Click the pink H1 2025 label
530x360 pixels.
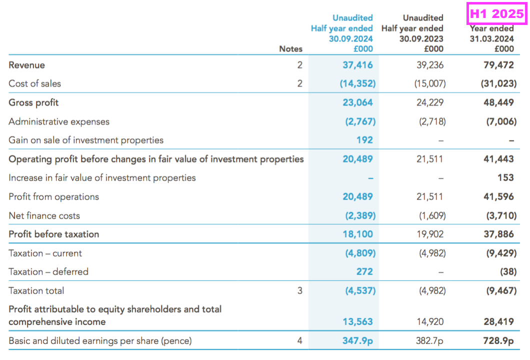(496, 13)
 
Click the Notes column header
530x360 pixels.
(290, 49)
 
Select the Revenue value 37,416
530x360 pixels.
(357, 65)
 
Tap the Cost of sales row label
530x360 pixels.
(35, 83)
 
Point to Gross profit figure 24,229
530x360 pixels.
(429, 102)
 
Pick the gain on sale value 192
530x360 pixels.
(364, 140)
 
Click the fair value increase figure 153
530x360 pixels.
(505, 177)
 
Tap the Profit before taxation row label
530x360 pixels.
(53, 234)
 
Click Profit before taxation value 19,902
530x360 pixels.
(429, 234)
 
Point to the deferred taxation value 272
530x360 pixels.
(364, 271)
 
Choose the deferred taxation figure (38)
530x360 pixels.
(508, 271)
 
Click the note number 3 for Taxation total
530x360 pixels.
(300, 290)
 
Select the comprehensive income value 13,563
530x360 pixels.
(357, 321)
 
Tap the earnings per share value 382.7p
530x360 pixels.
(429, 340)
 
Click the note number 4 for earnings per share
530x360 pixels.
(300, 340)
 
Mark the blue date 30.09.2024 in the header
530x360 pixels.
(351, 39)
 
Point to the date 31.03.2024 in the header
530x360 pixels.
(492, 39)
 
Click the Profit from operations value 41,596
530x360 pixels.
(498, 196)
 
